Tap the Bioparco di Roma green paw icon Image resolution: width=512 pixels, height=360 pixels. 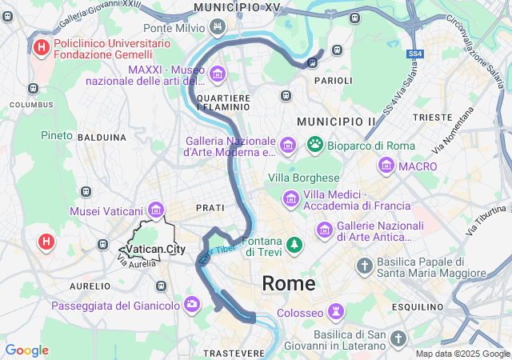315,145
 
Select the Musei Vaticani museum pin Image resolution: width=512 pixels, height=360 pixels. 155,210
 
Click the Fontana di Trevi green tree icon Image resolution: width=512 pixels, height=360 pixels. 295,242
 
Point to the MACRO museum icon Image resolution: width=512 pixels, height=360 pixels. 387,166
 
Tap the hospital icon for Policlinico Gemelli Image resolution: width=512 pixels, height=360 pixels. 42,47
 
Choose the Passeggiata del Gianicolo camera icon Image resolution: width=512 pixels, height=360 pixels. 192,304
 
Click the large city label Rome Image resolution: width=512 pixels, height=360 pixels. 288,283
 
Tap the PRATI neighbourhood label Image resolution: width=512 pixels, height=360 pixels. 210,207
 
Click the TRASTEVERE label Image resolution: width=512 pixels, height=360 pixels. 234,353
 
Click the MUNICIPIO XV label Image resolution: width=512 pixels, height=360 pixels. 237,7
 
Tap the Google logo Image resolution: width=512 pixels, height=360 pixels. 26,350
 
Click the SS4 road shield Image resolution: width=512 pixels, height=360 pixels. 414,54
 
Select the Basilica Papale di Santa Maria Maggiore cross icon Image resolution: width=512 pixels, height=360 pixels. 364,265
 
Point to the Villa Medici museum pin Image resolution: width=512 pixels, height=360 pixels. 290,197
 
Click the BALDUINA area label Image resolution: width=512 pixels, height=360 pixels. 102,138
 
